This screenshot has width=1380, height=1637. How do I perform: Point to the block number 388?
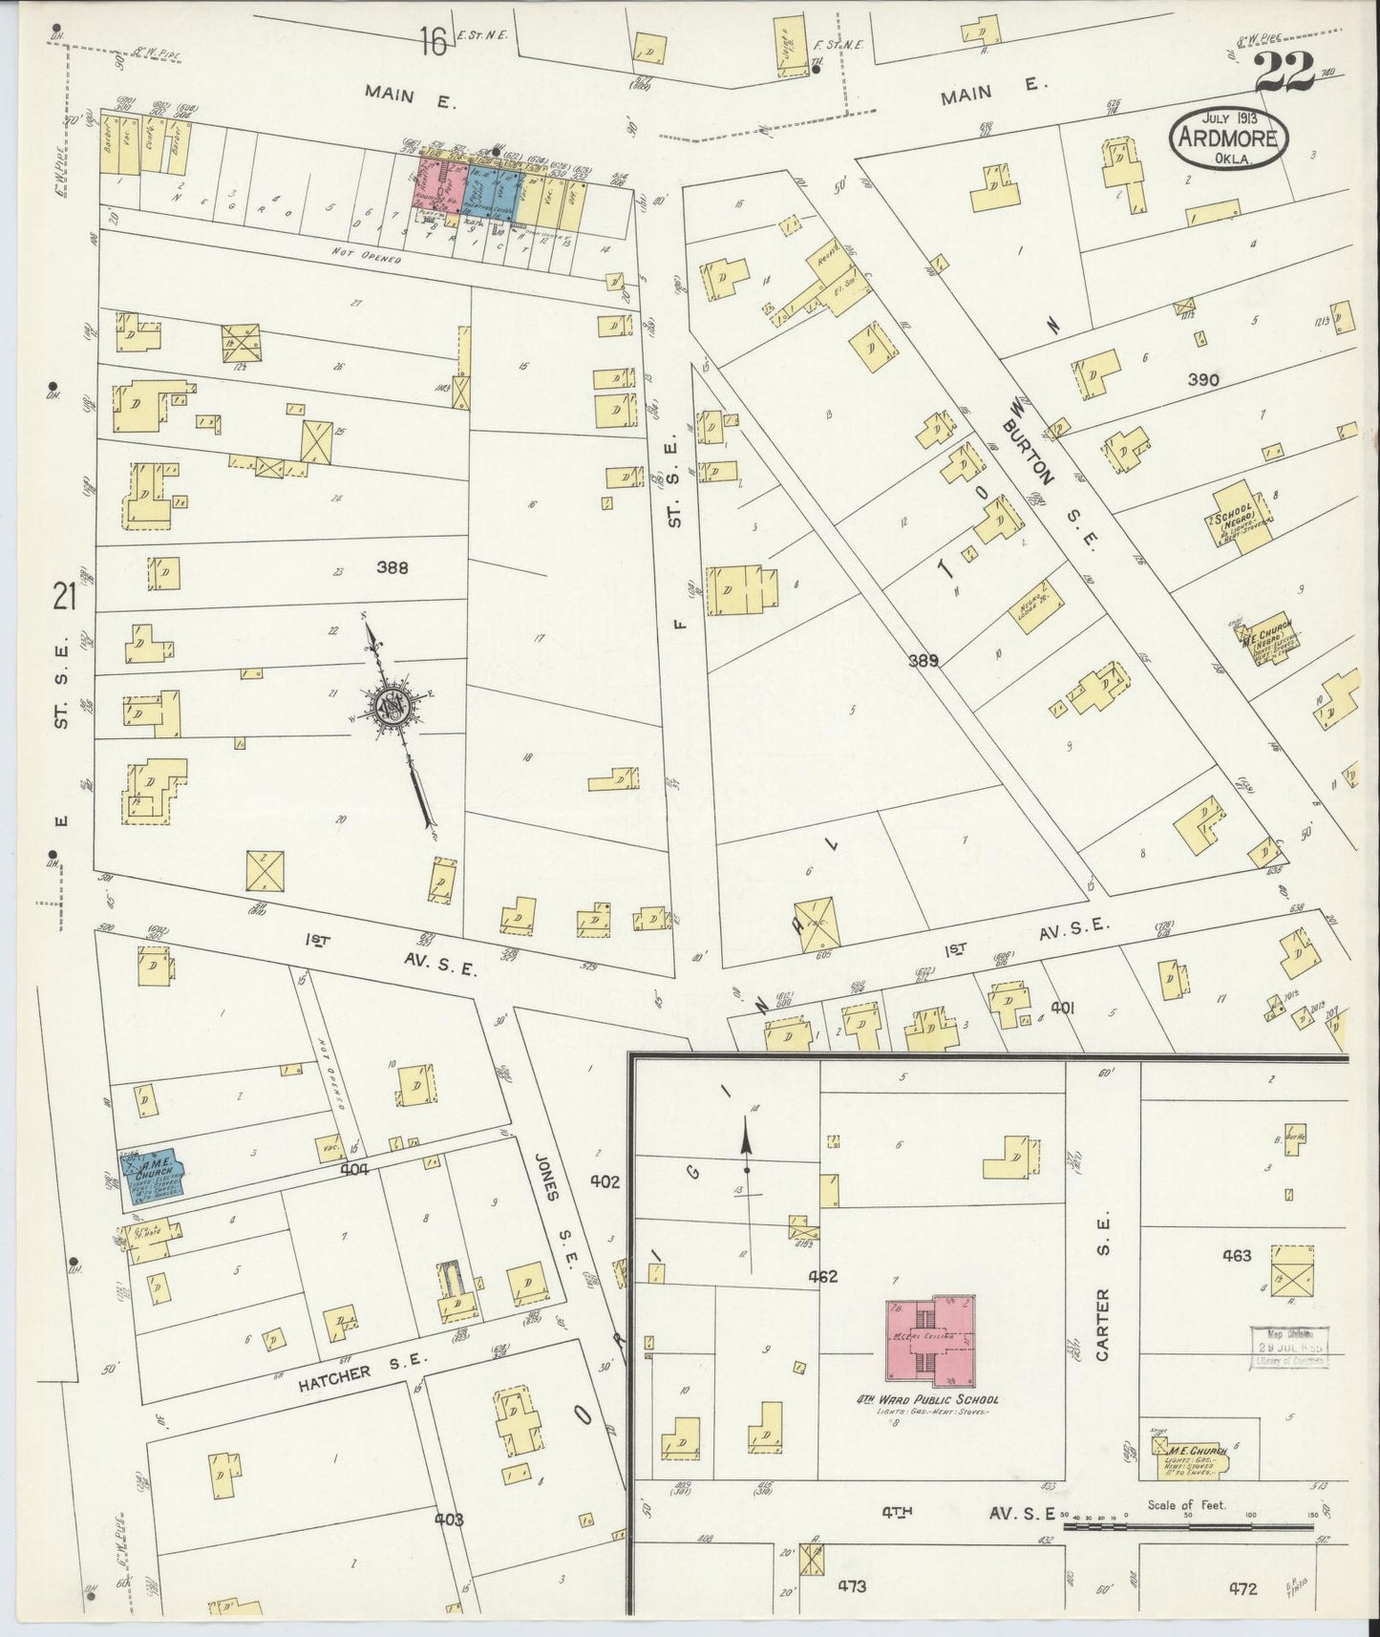[x=392, y=567]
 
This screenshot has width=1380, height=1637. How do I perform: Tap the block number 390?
[x=1202, y=380]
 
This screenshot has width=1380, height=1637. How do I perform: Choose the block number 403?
[x=449, y=1519]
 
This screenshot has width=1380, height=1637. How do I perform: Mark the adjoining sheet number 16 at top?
[x=433, y=43]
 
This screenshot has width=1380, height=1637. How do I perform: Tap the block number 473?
[x=852, y=1586]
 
